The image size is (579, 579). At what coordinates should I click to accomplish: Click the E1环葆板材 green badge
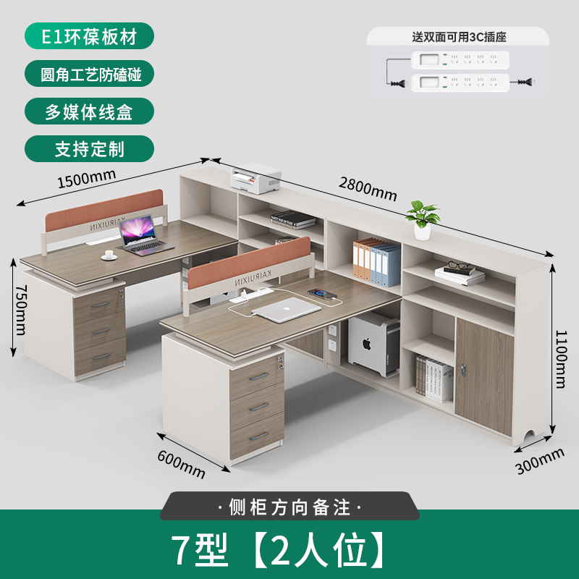(x=90, y=35)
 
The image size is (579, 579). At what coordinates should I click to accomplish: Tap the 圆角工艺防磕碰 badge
(x=90, y=73)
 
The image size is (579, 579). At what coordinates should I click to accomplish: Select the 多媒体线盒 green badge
(x=90, y=111)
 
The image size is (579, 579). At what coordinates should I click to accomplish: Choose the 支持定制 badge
(x=90, y=149)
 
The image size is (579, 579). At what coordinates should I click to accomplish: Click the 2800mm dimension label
(x=368, y=189)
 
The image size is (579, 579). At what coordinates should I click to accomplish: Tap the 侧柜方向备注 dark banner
(x=289, y=507)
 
